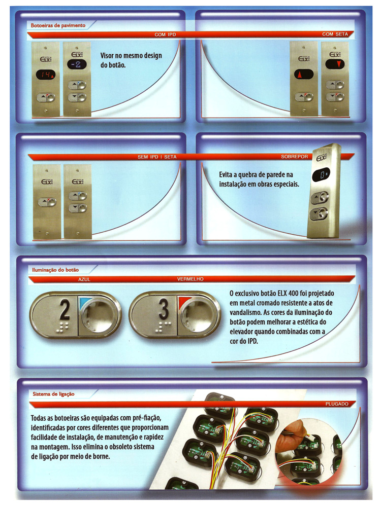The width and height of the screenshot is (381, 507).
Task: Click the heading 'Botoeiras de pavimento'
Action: (x=58, y=25)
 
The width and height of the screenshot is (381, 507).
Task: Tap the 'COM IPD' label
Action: (x=165, y=34)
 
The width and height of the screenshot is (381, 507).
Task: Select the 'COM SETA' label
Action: (x=335, y=34)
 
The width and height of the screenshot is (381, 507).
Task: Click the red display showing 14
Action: (x=46, y=75)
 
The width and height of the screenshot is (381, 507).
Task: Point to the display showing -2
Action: (x=77, y=64)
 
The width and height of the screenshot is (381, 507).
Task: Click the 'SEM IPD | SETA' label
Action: (x=157, y=157)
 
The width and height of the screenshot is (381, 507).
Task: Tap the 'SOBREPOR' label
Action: (x=295, y=157)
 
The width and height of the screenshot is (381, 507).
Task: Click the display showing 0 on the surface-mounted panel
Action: (x=321, y=175)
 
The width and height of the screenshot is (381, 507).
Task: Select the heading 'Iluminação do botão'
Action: (x=55, y=270)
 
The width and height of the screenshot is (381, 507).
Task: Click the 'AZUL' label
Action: (x=84, y=279)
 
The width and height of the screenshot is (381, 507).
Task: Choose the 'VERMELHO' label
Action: (x=190, y=279)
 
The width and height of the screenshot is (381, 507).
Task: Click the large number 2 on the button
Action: (x=65, y=309)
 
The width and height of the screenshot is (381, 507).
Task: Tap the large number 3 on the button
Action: (x=164, y=308)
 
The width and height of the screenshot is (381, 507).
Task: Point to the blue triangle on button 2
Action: (x=84, y=303)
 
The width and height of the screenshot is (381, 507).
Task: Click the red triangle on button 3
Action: (x=183, y=302)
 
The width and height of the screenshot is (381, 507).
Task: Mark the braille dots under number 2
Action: (x=63, y=327)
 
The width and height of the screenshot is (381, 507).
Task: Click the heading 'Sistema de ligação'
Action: (x=53, y=394)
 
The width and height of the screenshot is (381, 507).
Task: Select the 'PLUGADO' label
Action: (x=337, y=404)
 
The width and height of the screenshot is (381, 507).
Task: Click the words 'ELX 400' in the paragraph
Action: (x=288, y=293)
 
